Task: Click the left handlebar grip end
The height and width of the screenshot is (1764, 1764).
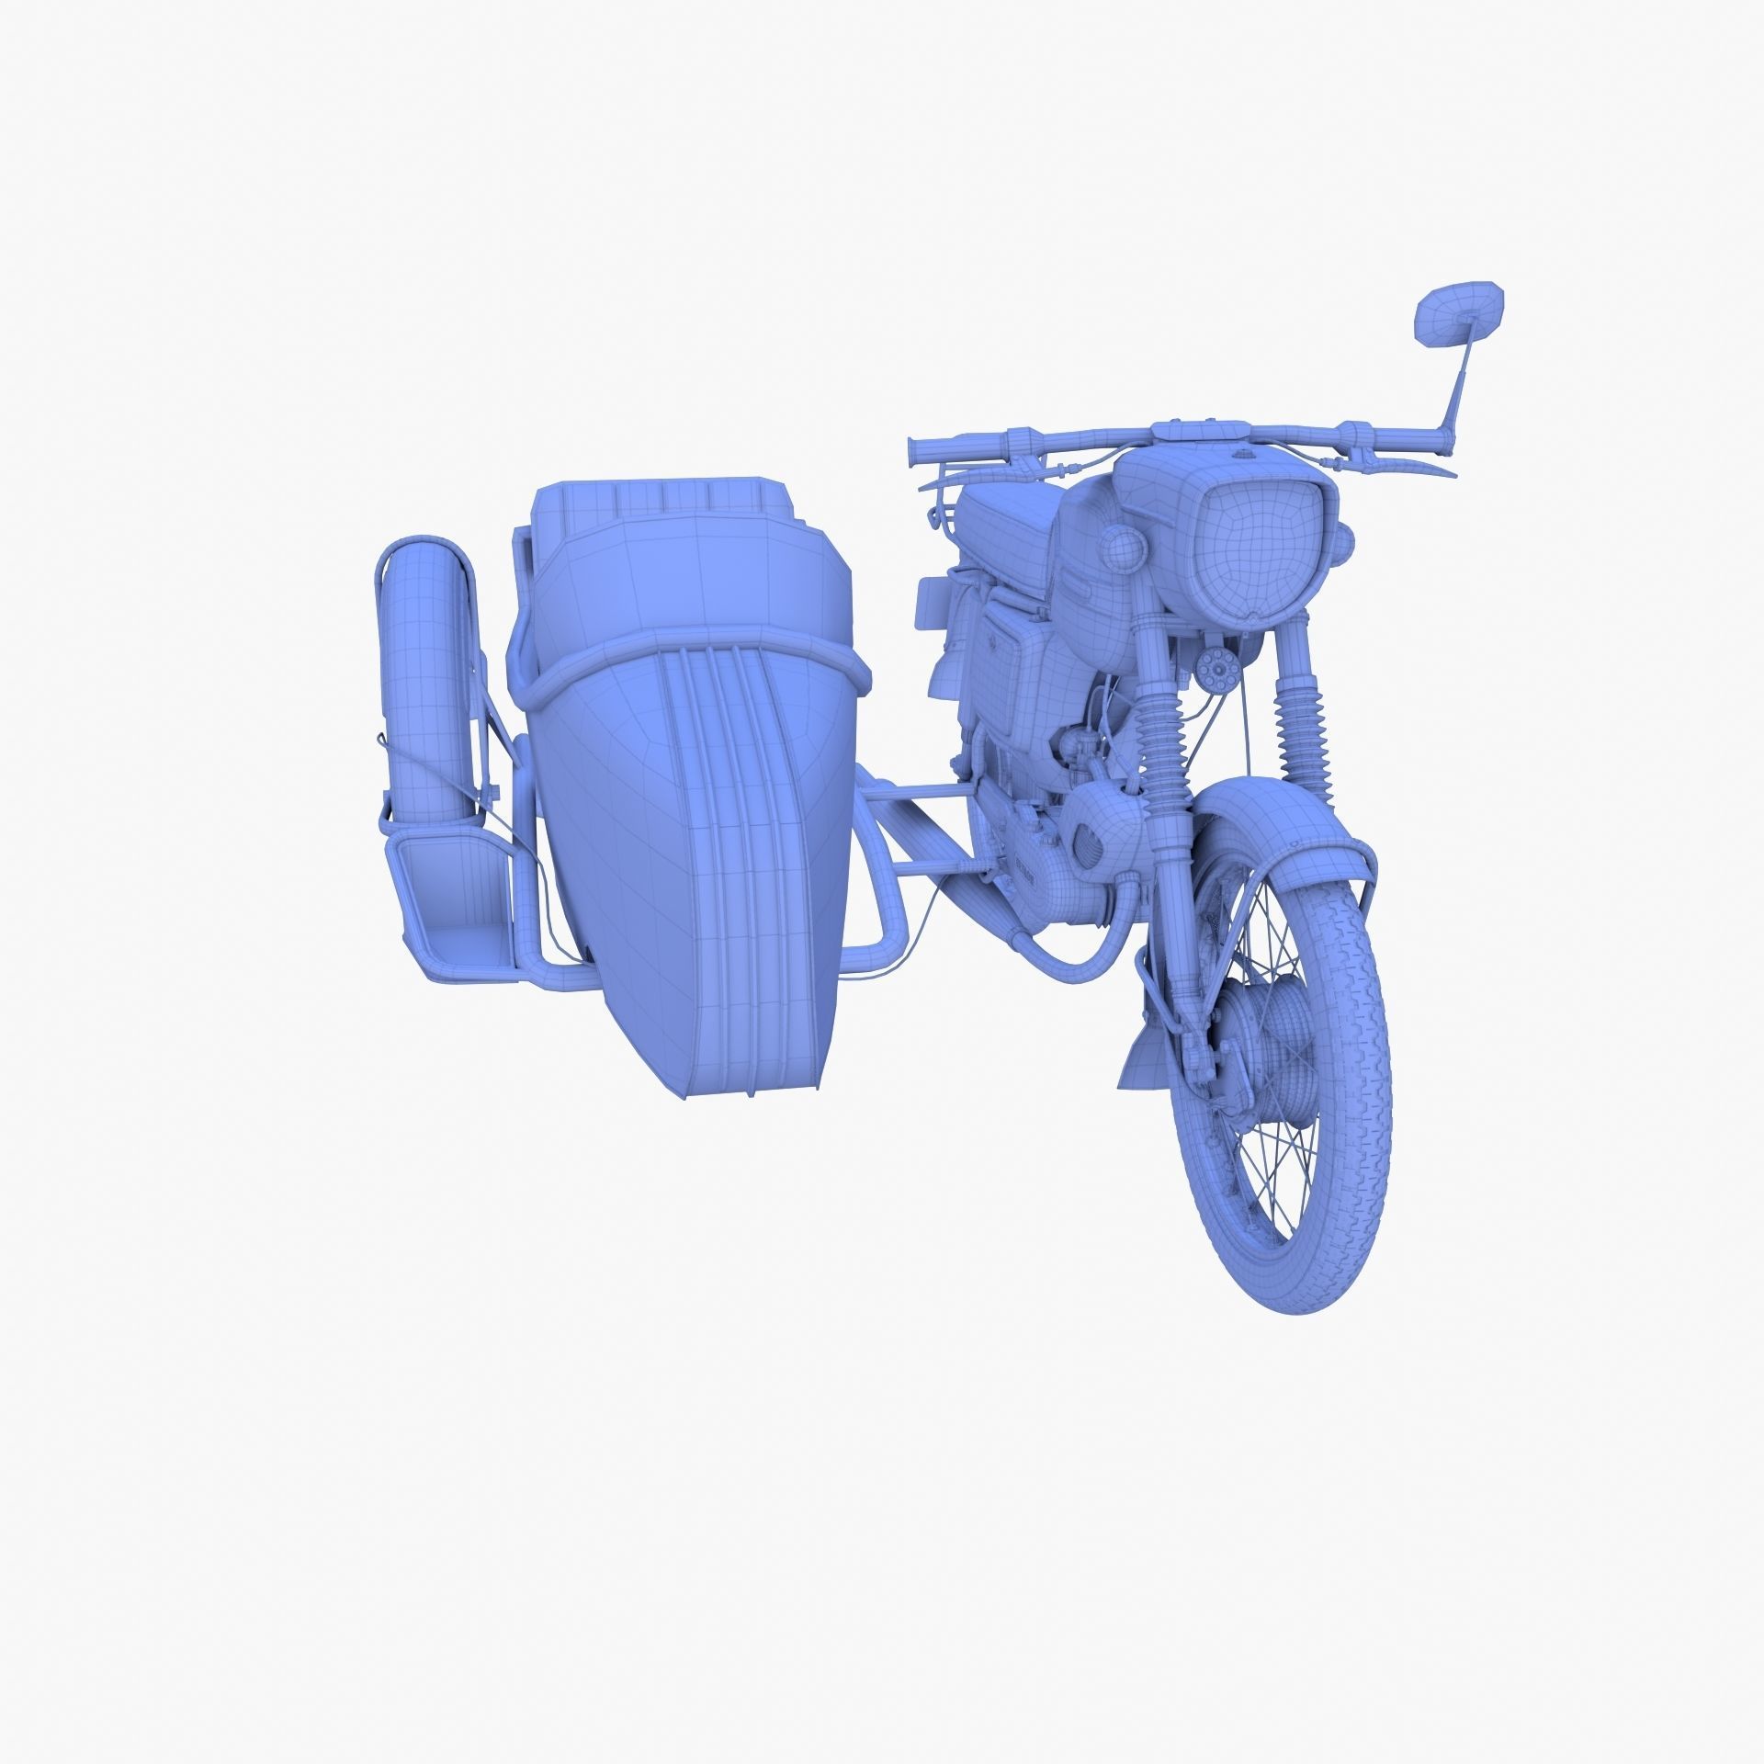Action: [x=915, y=449]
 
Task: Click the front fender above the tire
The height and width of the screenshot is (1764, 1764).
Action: [x=1286, y=827]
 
